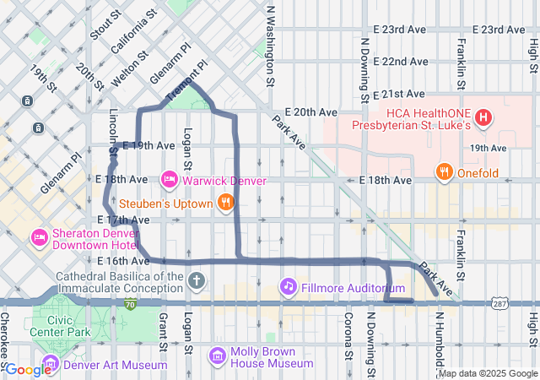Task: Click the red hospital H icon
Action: click(483, 117)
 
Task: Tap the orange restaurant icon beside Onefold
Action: click(444, 174)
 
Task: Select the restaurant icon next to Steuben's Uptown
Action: click(225, 202)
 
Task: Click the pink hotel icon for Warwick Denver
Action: click(169, 180)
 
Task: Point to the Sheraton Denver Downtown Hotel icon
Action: click(39, 236)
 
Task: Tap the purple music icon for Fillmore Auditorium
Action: click(289, 287)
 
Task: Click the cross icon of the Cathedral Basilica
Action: click(196, 280)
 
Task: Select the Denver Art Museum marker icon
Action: click(51, 364)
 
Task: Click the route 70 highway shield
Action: click(130, 303)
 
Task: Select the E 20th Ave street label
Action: click(310, 111)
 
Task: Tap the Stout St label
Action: click(99, 23)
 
